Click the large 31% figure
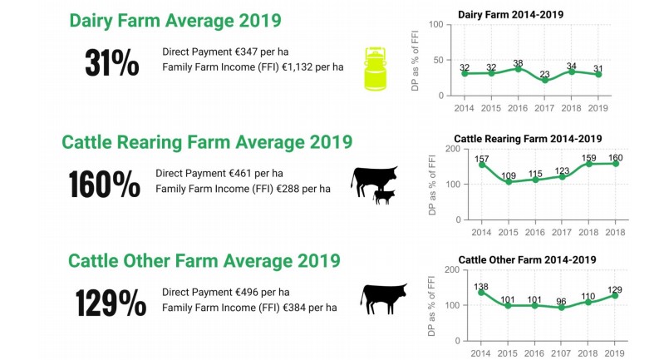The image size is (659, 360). (x=111, y=63)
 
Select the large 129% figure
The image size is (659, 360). (x=111, y=303)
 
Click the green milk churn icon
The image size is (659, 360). (x=377, y=67)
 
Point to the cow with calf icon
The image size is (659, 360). (x=374, y=183)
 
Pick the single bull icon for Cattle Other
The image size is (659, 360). (x=385, y=298)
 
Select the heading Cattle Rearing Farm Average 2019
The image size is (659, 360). (x=207, y=141)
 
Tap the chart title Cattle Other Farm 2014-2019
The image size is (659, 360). (x=527, y=259)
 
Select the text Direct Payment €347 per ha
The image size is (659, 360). (x=225, y=52)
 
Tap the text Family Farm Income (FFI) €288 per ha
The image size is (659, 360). (x=243, y=189)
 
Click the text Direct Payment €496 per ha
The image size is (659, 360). (x=226, y=292)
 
